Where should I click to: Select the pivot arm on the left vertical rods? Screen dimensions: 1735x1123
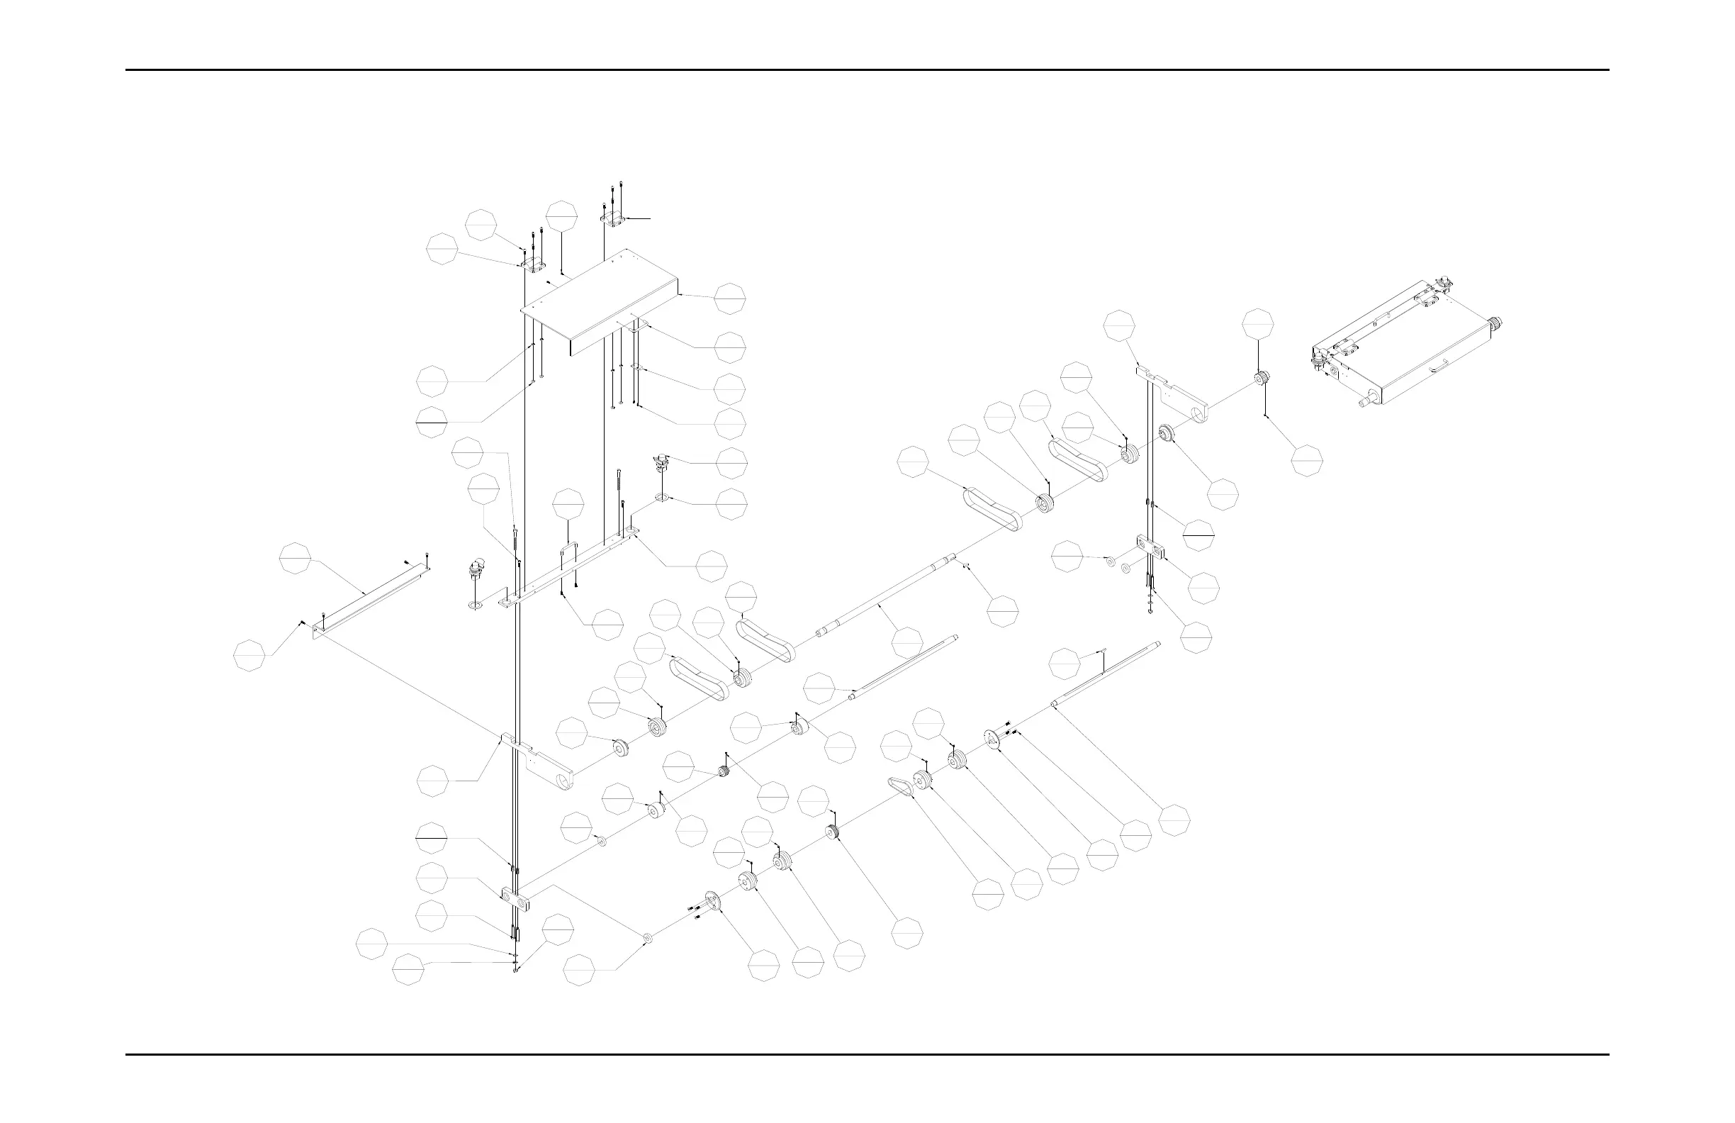[x=539, y=766]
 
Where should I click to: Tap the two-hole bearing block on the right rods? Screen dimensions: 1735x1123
[x=1150, y=547]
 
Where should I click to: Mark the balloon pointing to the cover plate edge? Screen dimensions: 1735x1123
[x=730, y=299]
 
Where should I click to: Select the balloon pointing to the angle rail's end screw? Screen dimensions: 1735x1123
[x=249, y=656]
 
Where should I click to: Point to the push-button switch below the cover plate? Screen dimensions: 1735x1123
[x=661, y=462]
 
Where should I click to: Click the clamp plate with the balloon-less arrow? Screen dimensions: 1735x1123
[x=612, y=218]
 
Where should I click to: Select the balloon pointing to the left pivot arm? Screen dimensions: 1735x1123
[x=433, y=781]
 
